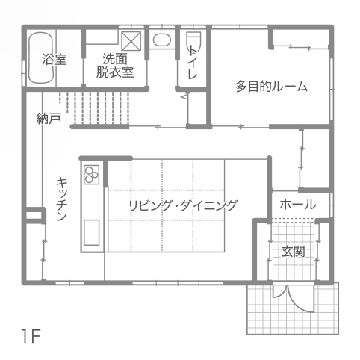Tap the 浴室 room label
coord(55,60)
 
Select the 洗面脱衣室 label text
coord(115,66)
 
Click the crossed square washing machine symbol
coord(131,41)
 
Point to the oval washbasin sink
coord(162,40)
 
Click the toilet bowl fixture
coord(193,41)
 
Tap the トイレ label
coord(192,62)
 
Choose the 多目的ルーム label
coord(271,87)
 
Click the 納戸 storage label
coord(49,118)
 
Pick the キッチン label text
coord(61,199)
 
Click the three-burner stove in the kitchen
coord(91,175)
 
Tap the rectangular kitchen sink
coord(91,232)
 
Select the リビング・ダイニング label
coord(183,205)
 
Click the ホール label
coord(298,205)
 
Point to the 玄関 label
coord(294,252)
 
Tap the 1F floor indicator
coord(31,336)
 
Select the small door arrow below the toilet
coord(185,96)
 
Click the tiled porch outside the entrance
coord(293,308)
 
